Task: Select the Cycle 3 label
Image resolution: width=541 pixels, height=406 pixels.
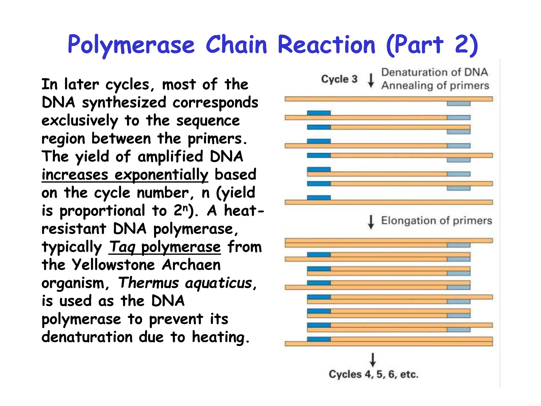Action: click(339, 79)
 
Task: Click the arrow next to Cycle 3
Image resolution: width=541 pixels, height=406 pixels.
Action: click(371, 80)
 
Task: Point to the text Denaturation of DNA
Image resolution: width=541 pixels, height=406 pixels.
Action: click(435, 72)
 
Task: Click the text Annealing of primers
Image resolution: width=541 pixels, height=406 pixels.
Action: click(435, 85)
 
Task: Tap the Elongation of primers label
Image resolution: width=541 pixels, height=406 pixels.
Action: click(436, 220)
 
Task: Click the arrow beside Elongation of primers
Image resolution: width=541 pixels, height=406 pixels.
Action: click(371, 222)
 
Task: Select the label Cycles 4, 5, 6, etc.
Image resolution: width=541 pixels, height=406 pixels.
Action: click(373, 374)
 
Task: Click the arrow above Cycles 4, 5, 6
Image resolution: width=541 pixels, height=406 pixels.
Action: click(373, 359)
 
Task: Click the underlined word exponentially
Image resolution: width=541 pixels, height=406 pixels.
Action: click(161, 175)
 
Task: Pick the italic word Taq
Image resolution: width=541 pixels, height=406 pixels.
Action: click(122, 247)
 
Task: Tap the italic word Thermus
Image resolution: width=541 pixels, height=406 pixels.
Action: click(148, 283)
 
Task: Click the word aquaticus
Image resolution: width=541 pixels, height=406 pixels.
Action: click(218, 283)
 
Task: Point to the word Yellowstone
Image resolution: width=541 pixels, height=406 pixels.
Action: click(113, 265)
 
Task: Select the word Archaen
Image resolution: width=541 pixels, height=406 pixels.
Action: click(191, 265)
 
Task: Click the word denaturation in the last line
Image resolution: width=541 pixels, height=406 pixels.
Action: click(87, 337)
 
